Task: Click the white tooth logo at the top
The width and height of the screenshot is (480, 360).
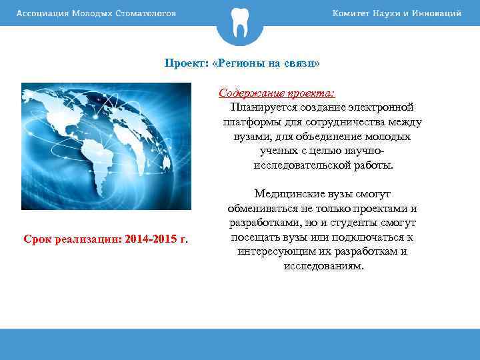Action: pos(239,22)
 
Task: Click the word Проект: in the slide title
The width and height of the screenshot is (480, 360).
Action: pos(186,63)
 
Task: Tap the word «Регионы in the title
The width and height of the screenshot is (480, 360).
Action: pos(234,63)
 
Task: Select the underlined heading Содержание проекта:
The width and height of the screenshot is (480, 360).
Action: pos(277,93)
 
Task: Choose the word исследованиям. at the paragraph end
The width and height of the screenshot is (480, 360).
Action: pos(323,265)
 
